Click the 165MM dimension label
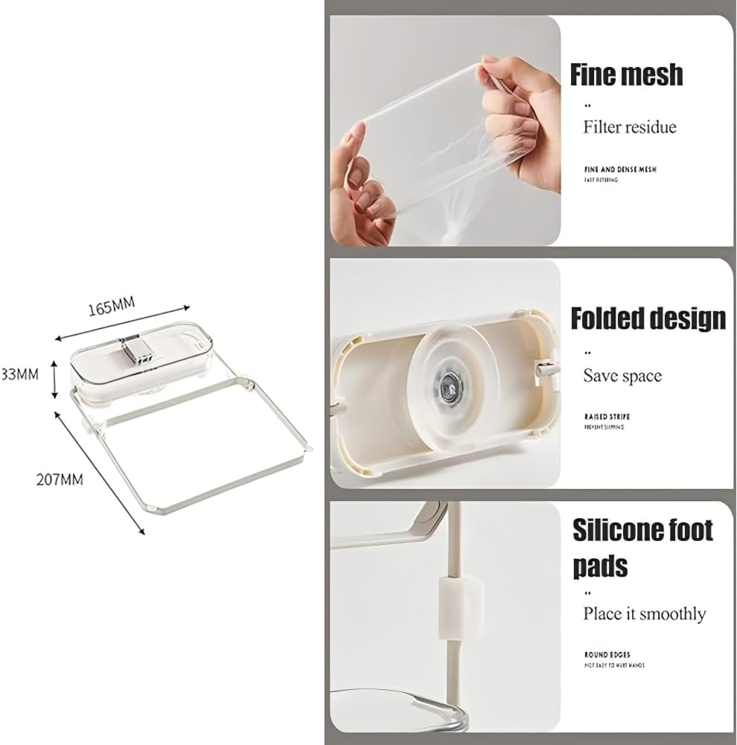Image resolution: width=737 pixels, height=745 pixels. (111, 306)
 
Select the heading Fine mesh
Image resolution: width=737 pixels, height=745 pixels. (626, 75)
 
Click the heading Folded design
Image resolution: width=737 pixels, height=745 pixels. (648, 318)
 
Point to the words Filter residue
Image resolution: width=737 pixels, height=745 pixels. (630, 127)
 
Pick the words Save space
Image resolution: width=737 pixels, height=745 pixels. (622, 376)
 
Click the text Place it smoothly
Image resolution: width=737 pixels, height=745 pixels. (644, 614)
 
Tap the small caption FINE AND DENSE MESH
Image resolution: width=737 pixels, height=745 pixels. (620, 170)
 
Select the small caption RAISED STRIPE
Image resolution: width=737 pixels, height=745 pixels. (607, 417)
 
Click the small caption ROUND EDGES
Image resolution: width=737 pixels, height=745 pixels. (607, 655)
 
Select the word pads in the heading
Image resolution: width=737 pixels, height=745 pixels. (600, 566)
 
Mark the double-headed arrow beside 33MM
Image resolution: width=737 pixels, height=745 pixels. (54, 379)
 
